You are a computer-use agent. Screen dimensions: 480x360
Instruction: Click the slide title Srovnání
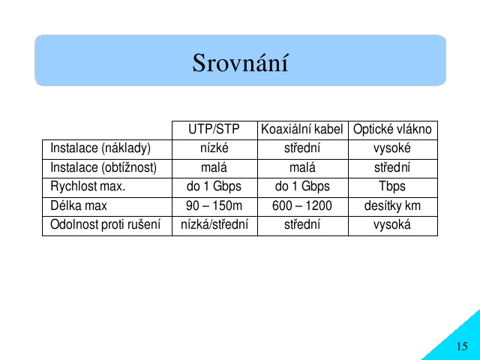click(240, 63)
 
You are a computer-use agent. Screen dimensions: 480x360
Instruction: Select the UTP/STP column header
click(214, 129)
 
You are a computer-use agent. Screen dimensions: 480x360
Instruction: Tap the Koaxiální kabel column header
click(301, 129)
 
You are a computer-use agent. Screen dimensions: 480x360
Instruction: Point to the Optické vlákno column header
click(392, 130)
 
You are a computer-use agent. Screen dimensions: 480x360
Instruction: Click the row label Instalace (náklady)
click(100, 148)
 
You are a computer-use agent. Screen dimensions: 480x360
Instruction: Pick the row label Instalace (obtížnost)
click(103, 168)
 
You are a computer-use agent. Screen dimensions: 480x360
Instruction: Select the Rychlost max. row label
click(88, 186)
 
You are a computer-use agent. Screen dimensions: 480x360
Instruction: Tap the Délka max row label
click(79, 205)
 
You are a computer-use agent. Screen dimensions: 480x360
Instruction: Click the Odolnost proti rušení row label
click(105, 225)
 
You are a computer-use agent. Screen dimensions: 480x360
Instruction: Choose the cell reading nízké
click(214, 148)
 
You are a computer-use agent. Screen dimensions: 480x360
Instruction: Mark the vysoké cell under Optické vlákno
click(392, 148)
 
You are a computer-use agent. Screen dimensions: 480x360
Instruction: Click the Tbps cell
click(392, 187)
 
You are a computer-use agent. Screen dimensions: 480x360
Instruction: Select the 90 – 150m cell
click(214, 205)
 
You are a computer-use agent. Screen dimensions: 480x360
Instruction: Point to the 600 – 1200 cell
click(301, 205)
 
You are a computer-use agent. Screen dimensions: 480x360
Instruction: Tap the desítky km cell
click(392, 205)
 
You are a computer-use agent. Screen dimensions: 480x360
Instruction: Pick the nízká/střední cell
click(214, 225)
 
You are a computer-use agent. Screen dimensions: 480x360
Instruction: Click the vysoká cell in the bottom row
click(392, 225)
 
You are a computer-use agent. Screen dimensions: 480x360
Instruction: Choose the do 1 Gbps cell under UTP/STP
click(214, 187)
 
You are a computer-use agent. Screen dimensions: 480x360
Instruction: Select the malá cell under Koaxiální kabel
click(302, 167)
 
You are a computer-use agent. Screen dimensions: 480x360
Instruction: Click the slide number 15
click(462, 346)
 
